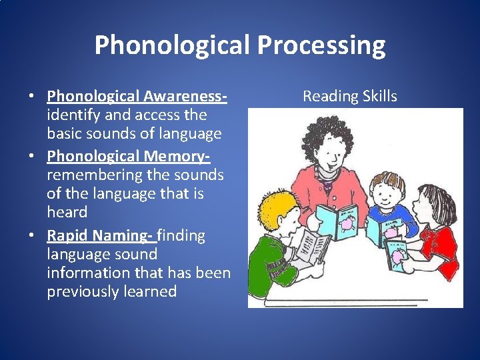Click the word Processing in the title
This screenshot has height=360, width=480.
(321, 45)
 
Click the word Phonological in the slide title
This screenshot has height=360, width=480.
(172, 45)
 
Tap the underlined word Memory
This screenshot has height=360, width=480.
(177, 157)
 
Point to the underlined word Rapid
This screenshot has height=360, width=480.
(68, 235)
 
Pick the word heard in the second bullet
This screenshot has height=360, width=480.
(67, 213)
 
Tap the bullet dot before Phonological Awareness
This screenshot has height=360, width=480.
(31, 97)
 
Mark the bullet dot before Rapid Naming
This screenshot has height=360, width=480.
(31, 236)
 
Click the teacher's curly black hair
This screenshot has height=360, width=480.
(327, 137)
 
